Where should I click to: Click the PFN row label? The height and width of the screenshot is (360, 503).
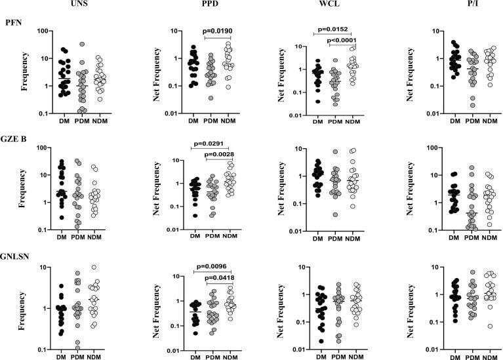[13, 22]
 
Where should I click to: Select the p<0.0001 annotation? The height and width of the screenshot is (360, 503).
[353, 41]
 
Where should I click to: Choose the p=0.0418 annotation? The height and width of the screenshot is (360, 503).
[221, 278]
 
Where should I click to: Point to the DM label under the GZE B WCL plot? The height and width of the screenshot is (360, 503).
[318, 239]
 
